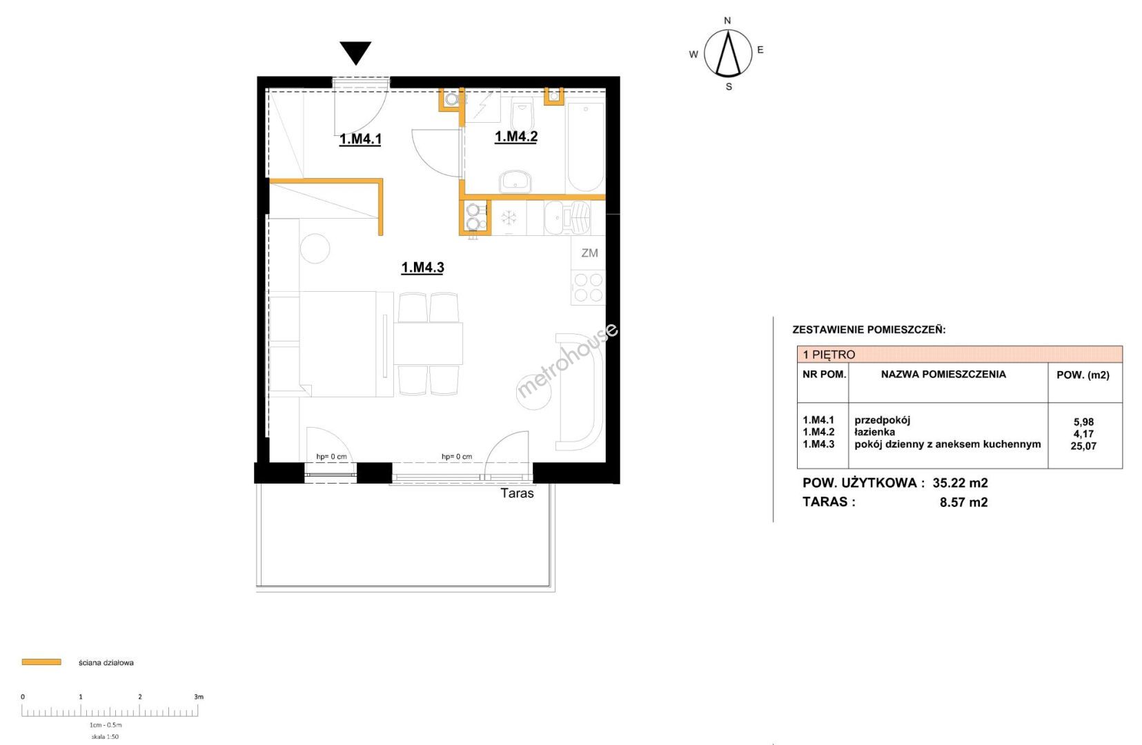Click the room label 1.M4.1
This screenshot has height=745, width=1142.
pyautogui.click(x=360, y=139)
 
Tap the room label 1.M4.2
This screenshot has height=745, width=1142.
pyautogui.click(x=516, y=137)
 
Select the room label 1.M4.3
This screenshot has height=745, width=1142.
pyautogui.click(x=422, y=268)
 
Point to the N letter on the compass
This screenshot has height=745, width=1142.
pyautogui.click(x=727, y=21)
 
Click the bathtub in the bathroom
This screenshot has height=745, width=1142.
pyautogui.click(x=586, y=147)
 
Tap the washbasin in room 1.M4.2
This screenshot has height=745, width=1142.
pyautogui.click(x=515, y=182)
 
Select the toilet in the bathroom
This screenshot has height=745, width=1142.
pyautogui.click(x=522, y=115)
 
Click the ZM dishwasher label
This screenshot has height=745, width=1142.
pyautogui.click(x=589, y=253)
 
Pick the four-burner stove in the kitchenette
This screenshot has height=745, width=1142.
pyautogui.click(x=589, y=288)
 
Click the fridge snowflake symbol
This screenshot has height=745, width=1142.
pyautogui.click(x=509, y=218)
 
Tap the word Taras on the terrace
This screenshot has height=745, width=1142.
pyautogui.click(x=517, y=493)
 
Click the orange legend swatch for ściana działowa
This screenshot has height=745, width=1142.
pyautogui.click(x=41, y=662)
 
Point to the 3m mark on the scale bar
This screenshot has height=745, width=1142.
pyautogui.click(x=198, y=697)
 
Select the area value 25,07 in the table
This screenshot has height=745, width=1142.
pyautogui.click(x=1083, y=446)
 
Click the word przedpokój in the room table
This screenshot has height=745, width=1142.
pyautogui.click(x=883, y=420)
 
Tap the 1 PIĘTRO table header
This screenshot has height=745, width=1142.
pyautogui.click(x=829, y=355)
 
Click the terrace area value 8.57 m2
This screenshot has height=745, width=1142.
pyautogui.click(x=963, y=502)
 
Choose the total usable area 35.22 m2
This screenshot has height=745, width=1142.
pyautogui.click(x=961, y=483)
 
